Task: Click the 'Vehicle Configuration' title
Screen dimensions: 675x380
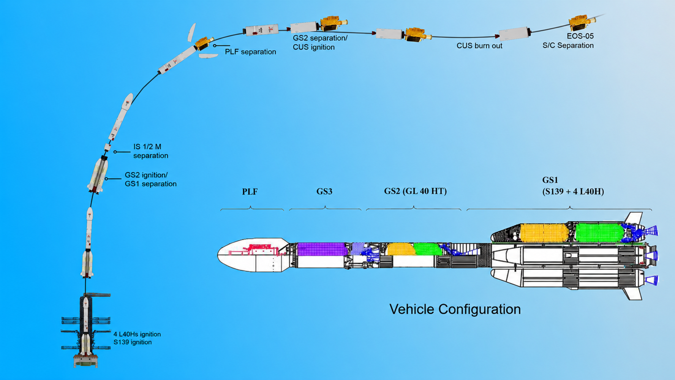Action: (455, 309)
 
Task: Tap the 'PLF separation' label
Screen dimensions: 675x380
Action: (250, 52)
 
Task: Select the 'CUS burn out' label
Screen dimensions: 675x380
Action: (479, 46)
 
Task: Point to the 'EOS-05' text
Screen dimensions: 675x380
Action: (580, 36)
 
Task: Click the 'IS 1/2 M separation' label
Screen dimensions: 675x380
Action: (150, 151)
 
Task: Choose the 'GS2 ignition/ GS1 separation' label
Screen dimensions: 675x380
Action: (150, 179)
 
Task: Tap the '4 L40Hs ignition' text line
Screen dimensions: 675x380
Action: (137, 334)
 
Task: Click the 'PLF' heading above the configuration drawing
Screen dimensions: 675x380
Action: (250, 192)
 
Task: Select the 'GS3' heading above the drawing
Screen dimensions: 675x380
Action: (324, 191)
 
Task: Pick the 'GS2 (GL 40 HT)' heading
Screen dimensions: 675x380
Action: (415, 191)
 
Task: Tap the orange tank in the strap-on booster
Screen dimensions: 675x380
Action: (544, 233)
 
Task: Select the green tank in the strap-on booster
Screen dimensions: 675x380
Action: (599, 233)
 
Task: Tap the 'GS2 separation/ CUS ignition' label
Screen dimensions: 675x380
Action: (320, 43)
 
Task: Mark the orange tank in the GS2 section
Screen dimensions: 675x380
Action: (400, 249)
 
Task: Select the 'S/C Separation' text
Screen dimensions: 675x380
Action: (568, 45)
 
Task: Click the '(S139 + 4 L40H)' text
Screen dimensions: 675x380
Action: (573, 191)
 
